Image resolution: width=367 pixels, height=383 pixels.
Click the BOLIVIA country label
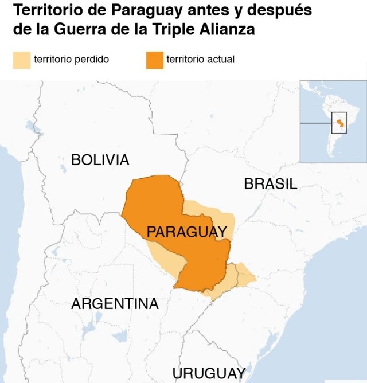[x=100, y=160]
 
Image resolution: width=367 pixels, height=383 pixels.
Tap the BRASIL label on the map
[x=270, y=184]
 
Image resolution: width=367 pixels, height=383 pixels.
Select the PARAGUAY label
[x=187, y=232]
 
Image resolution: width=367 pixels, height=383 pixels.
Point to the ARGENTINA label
[x=115, y=304]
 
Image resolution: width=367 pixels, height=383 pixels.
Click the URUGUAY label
[x=209, y=373]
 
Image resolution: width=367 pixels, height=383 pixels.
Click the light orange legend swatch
[x=21, y=60]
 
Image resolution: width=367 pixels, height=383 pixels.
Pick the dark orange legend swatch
[x=154, y=60]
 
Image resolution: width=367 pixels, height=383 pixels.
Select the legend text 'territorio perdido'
[x=72, y=59]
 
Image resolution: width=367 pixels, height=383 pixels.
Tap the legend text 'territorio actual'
[x=200, y=59]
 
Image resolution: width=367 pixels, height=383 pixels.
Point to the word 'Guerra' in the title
[x=72, y=29]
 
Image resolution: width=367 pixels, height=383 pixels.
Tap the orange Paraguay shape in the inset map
[x=339, y=123]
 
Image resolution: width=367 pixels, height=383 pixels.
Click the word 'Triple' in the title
[x=175, y=29]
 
